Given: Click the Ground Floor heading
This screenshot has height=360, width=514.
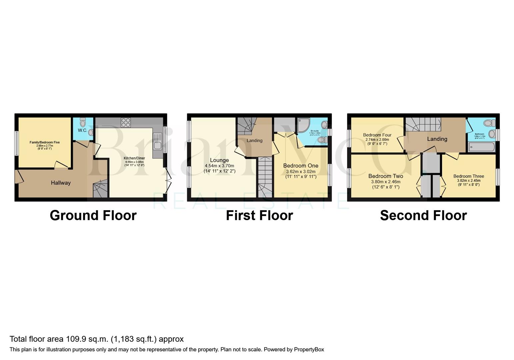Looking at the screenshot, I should coord(93,215).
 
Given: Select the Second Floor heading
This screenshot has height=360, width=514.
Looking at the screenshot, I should coord(423,215).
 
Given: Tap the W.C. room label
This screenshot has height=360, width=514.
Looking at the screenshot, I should coord(82,130).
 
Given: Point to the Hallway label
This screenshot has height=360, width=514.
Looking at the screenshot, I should coord(61,183).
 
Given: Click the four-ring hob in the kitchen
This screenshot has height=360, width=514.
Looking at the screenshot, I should coord(126,122).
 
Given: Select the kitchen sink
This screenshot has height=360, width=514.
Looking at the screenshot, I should coord(157,145).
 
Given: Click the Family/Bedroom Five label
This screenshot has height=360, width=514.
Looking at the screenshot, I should coord(45,142).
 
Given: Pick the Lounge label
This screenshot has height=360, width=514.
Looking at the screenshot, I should coord(219,160).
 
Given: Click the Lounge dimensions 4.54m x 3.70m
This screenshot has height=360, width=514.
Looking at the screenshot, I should coord(219,166).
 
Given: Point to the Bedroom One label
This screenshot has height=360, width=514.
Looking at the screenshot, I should coord(301,166).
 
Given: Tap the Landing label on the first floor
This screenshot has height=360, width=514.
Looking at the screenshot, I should coord(254,140).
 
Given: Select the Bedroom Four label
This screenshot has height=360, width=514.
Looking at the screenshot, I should coord(377,135).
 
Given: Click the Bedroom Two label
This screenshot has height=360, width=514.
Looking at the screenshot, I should coord(386,176).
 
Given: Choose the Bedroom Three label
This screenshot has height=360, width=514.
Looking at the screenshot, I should coord(468,176).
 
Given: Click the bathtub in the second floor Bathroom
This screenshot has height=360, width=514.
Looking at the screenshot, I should coord(481,147).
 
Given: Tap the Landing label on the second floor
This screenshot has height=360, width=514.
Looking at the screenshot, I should coord(437,139).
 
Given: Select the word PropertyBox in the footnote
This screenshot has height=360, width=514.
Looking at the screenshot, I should coord(309,349).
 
